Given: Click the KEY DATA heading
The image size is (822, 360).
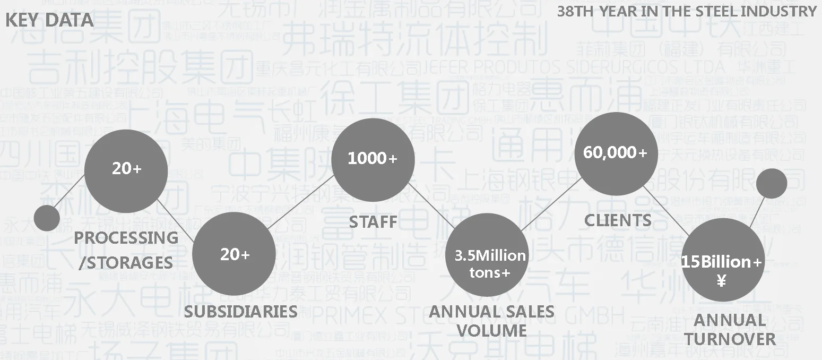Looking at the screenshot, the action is click(x=49, y=20).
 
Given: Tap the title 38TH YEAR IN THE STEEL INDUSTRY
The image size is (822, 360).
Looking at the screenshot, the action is click(x=686, y=11).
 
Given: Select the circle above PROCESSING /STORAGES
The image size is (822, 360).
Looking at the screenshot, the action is click(x=126, y=169).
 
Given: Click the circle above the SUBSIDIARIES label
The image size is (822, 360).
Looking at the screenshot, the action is click(x=234, y=255).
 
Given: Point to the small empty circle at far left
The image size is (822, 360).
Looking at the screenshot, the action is click(x=47, y=218).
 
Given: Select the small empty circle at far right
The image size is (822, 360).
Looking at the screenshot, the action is click(x=771, y=183).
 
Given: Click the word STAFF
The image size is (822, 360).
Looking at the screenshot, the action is click(x=373, y=222).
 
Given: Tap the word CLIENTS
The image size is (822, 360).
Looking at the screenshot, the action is click(x=618, y=220).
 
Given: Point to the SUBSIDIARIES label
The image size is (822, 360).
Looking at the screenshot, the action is click(x=240, y=311).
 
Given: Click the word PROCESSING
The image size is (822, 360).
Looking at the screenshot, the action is click(x=126, y=238).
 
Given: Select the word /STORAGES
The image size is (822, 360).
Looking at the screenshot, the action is click(x=126, y=262).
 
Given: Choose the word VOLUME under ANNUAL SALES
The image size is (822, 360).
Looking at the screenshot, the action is click(x=491, y=330).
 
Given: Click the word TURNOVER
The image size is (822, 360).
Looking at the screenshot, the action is click(x=730, y=339).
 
